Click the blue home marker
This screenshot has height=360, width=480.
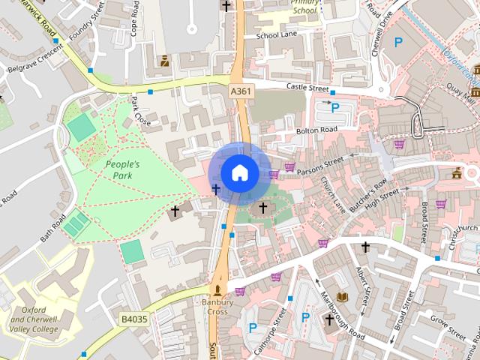[239, 173]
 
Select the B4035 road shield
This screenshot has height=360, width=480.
[134, 319]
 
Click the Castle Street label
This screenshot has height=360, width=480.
[307, 88]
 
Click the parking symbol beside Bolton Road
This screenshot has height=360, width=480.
[335, 108]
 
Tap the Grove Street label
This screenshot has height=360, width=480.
[451, 327]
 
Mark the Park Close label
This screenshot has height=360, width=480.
[141, 111]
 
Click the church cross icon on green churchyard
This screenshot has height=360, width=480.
[262, 207]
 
